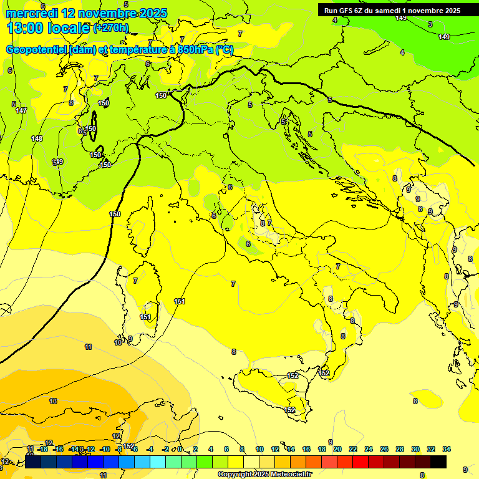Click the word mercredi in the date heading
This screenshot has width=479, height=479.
point(32,14)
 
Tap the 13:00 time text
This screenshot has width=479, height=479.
point(25,28)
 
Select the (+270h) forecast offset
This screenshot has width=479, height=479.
point(111,28)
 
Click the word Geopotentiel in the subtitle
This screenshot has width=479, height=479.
point(33,50)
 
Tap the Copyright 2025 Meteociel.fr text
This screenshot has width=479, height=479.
point(264,474)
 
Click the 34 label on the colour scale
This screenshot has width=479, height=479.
point(447,449)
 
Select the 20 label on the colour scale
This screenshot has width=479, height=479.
point(337,449)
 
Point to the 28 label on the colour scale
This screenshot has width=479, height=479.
point(399,449)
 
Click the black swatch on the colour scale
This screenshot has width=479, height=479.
point(438,462)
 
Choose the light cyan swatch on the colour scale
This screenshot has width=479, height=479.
point(158,462)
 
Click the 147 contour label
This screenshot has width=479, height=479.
point(21,110)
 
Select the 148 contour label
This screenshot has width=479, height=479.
point(37,138)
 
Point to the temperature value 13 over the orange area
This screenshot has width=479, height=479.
point(53,401)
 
